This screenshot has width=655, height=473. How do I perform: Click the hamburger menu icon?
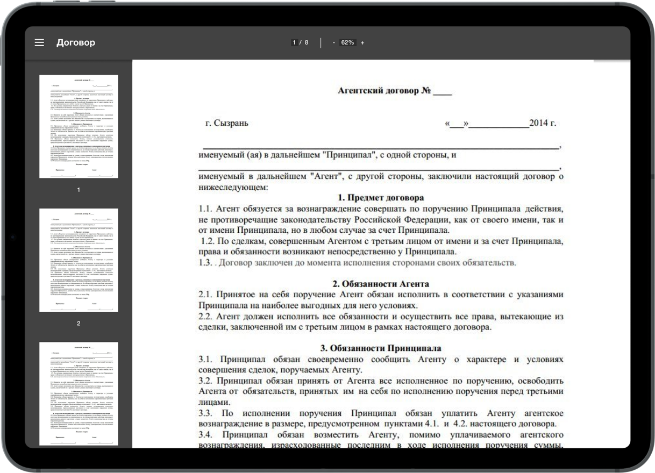(x=39, y=42)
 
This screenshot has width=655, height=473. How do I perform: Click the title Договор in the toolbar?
(x=76, y=42)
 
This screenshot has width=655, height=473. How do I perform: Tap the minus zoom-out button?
(x=334, y=42)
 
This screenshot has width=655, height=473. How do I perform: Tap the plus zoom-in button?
(x=362, y=42)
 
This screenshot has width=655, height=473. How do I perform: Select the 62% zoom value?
(x=347, y=42)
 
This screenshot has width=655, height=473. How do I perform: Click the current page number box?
(x=295, y=42)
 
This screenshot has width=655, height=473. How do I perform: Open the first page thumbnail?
(x=79, y=126)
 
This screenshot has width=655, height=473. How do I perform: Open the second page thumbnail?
(x=79, y=260)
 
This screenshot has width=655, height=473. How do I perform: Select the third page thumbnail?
(x=79, y=393)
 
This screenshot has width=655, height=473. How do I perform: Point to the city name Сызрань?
(x=231, y=123)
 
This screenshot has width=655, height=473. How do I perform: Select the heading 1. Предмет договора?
(x=381, y=197)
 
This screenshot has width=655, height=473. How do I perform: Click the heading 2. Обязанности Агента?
(x=381, y=283)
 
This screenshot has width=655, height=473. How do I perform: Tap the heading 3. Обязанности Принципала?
(x=381, y=348)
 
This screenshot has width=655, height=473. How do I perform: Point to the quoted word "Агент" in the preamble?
(x=326, y=176)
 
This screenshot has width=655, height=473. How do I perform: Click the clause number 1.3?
(x=205, y=263)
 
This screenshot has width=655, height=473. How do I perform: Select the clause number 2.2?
(x=205, y=316)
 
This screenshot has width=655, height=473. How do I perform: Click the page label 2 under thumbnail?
(x=79, y=324)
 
